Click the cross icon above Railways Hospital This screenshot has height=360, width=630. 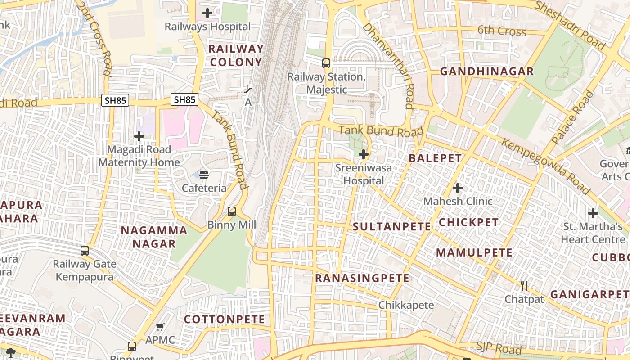coord(207,13)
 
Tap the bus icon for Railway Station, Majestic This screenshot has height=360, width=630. coord(326,63)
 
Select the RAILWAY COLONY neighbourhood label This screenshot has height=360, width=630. coord(236,55)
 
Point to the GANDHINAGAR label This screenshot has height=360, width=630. coord(486,72)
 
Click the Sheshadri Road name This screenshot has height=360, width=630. coord(570,25)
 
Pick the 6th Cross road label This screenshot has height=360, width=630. coord(502,31)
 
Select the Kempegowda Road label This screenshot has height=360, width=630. coord(545,167)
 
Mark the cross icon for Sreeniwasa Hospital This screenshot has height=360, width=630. coord(364,155)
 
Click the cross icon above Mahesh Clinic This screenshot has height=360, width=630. coord(458,188)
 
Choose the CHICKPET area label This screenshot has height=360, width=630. coord(468,222)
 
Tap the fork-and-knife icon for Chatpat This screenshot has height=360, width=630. coord(524,285)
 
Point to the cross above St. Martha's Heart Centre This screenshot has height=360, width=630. coord(593,213)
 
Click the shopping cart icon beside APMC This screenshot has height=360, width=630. coord(160,327)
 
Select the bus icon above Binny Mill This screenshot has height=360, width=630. coord(232,211)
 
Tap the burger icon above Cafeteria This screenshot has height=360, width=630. coord(204,175)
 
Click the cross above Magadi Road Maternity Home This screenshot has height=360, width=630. coord(139,136)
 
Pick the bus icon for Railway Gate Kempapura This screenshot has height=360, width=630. coord(85,251)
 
